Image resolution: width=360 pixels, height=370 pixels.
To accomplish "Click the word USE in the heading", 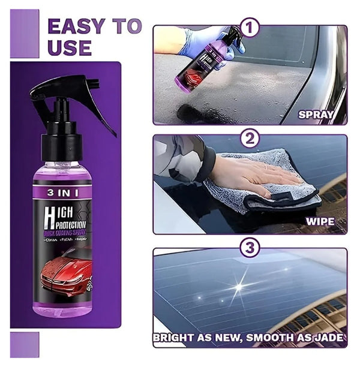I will (69, 47).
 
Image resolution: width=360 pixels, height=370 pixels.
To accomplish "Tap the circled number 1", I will (250, 28).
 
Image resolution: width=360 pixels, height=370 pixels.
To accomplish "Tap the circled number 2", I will (250, 139).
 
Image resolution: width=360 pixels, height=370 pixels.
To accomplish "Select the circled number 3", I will (250, 247).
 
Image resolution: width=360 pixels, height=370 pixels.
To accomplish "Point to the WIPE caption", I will (321, 221).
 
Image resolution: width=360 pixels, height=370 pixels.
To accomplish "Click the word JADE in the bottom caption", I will (329, 338).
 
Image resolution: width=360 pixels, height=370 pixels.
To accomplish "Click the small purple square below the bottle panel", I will (25, 344).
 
